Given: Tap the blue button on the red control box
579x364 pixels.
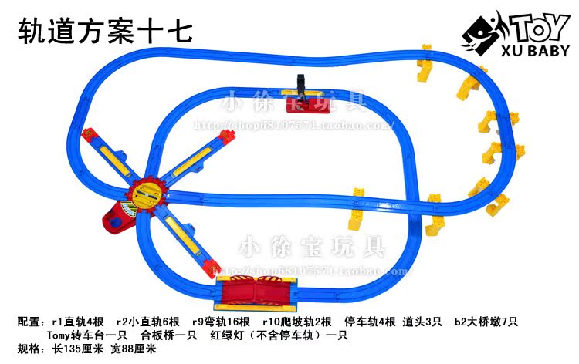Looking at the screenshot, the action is pos(117,223).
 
